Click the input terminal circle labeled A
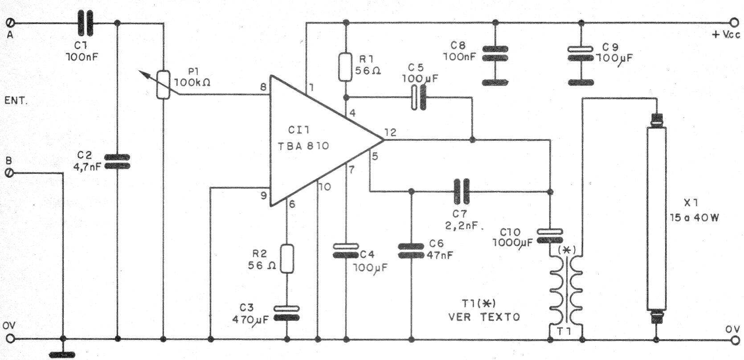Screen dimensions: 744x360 (10, 23)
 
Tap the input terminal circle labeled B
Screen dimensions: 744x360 (10, 173)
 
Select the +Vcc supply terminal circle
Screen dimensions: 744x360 (734, 23)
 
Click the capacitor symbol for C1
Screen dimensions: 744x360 (86, 23)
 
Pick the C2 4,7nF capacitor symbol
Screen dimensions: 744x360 (117, 161)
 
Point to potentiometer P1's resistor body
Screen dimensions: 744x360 (164, 85)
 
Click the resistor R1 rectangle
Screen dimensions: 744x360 (345, 66)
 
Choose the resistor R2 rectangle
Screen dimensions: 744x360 (287, 259)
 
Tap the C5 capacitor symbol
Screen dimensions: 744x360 (418, 98)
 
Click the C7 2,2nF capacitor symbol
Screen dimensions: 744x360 (462, 191)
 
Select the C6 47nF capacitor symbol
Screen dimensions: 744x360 (411, 251)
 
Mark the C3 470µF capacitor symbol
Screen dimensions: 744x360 (287, 313)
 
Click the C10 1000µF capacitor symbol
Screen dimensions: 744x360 (550, 236)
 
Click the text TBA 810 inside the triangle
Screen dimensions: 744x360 (303, 146)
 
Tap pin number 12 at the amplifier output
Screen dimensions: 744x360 (390, 132)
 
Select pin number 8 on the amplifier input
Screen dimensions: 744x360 (263, 87)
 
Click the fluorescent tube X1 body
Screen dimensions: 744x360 (656, 218)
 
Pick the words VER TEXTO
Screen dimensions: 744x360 (484, 317)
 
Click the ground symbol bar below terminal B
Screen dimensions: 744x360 (62, 355)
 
